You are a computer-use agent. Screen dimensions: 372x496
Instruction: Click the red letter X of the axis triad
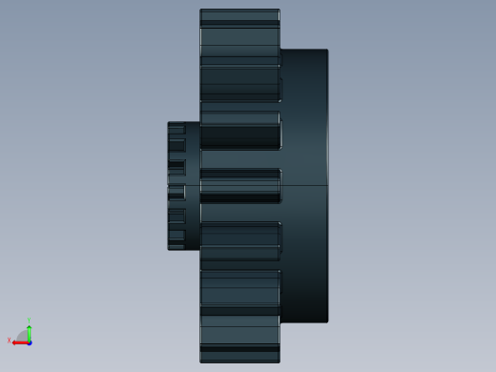10,341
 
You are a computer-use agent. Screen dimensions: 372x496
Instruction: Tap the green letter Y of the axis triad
30,321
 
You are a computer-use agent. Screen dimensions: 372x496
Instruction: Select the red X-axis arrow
18,341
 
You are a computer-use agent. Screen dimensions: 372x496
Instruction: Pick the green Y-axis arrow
30,331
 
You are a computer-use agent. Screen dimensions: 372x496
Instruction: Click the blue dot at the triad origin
30,341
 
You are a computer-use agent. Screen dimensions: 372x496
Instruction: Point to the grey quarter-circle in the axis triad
23,336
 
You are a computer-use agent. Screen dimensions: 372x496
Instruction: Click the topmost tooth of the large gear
239,15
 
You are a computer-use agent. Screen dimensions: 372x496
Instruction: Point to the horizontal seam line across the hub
304,184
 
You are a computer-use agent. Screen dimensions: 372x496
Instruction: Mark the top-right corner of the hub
327,51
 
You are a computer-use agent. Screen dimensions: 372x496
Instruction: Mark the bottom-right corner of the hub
327,321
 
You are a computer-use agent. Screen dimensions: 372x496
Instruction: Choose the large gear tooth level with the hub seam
239,185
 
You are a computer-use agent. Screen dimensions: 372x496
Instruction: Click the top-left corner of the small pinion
169,123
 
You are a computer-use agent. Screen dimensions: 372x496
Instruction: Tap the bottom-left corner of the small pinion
169,249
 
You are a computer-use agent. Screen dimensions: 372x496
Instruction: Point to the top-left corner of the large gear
200,10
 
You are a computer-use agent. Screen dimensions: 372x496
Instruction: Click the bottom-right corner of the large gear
279,362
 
